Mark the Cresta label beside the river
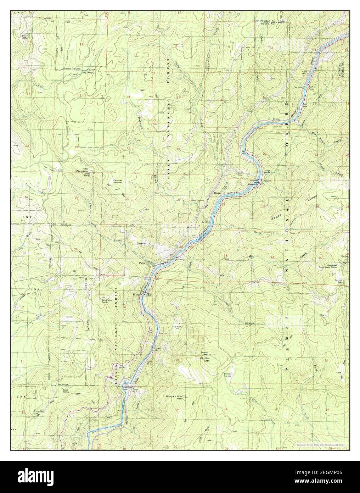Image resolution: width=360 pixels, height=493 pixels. click(x=276, y=119)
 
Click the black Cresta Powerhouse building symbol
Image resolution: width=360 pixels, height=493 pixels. click(x=259, y=182)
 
